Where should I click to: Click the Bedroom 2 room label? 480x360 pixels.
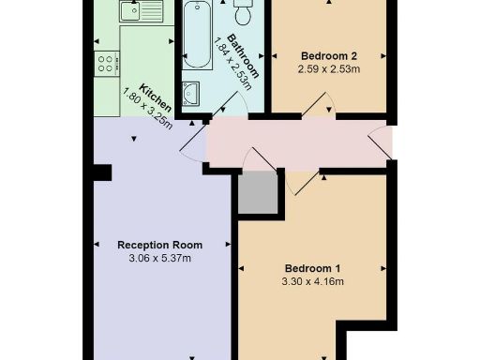click(x=327, y=54)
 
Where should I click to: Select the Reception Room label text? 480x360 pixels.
click(x=159, y=245)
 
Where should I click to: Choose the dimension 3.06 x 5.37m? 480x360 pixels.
click(x=159, y=258)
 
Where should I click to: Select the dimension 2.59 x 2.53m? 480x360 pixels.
click(x=328, y=68)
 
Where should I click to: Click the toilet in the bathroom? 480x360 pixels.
click(x=243, y=13)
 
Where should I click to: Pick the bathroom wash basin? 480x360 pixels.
click(x=191, y=93)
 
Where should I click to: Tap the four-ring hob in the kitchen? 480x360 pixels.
click(x=106, y=64)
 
